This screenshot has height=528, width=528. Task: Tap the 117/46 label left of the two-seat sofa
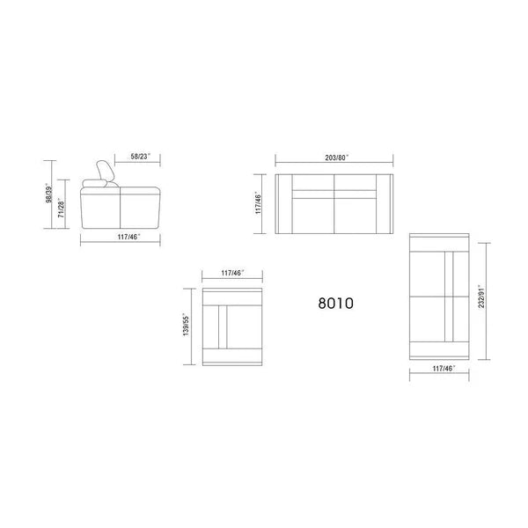258,204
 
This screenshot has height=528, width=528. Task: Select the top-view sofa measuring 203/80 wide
334,204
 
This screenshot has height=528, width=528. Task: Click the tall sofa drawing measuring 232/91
443,297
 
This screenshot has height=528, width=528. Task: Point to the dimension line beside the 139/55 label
194,326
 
